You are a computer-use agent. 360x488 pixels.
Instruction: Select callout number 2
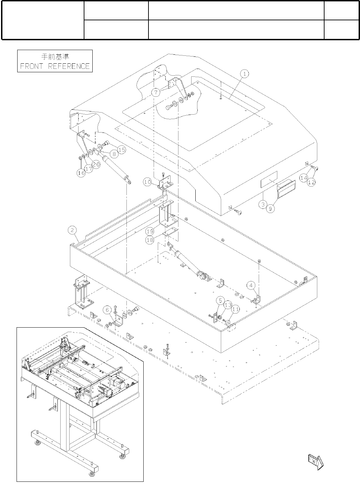click(x=72, y=230)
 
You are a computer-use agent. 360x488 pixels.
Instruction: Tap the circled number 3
click(x=263, y=204)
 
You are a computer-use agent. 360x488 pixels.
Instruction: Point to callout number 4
click(x=251, y=285)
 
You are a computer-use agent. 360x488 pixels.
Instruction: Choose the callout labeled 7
click(x=156, y=93)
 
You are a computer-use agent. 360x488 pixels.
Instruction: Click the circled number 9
click(x=271, y=208)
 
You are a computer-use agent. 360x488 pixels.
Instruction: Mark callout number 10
click(x=147, y=182)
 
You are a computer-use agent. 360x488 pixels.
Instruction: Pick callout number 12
click(x=311, y=183)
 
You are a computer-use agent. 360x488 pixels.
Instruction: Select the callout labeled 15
click(x=122, y=149)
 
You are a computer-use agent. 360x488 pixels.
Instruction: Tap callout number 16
click(x=81, y=173)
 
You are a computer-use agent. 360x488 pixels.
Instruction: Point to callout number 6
click(x=108, y=310)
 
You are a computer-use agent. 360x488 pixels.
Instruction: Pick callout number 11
click(x=236, y=310)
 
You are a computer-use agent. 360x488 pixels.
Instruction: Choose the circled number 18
click(x=150, y=240)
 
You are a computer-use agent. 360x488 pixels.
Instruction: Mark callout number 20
click(x=96, y=165)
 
